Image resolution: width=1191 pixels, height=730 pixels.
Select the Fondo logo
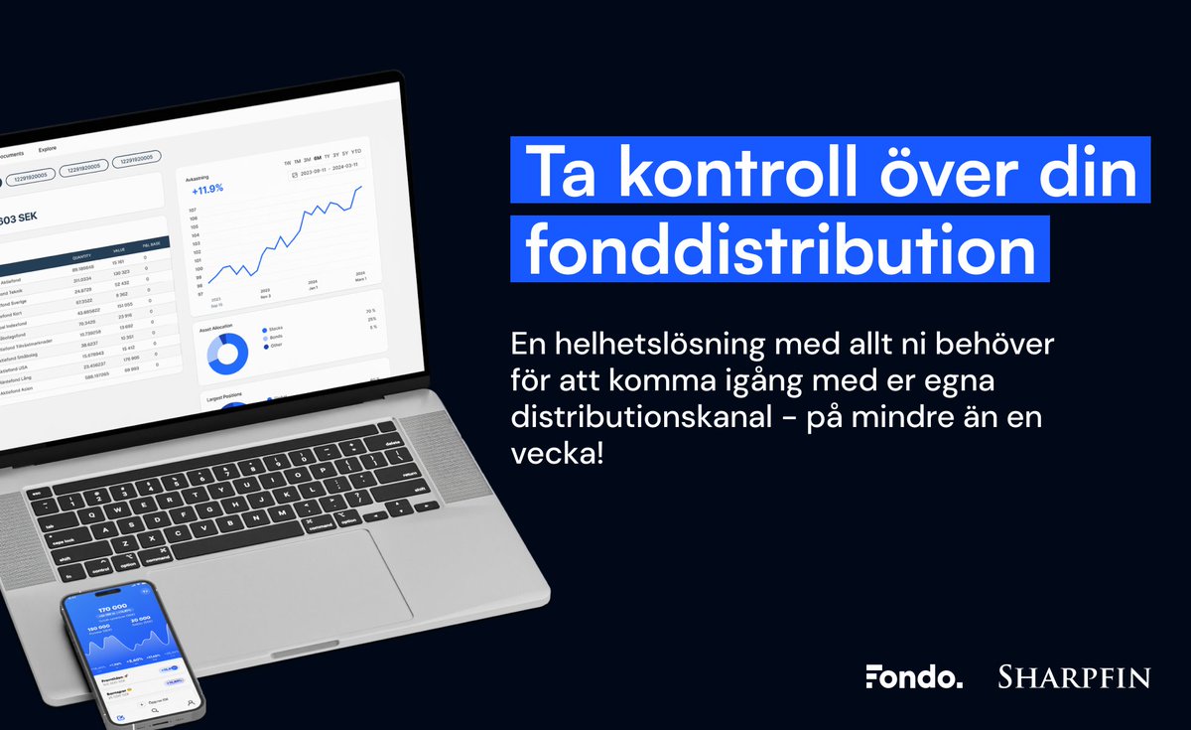pos(913,677)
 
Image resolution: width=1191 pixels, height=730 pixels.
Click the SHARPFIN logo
pos(1074,677)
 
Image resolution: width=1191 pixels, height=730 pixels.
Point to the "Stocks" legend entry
pos(276,330)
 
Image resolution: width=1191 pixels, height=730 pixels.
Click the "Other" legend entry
pos(274,346)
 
